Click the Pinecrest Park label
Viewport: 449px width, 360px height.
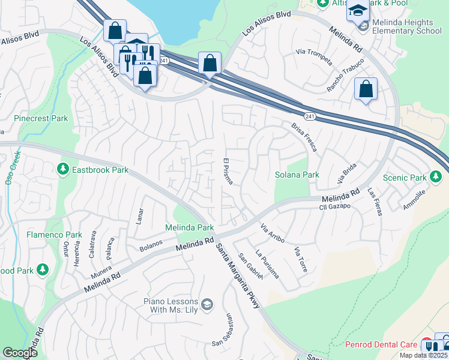[x=41, y=119]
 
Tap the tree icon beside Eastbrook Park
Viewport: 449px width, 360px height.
[x=63, y=170]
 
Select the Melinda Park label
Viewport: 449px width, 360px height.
[x=190, y=228]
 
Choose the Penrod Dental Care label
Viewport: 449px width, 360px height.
[x=381, y=345]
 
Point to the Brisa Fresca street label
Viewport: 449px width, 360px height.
[x=304, y=137]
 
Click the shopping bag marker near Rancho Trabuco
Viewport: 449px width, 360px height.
[x=366, y=90]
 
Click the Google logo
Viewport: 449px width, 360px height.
[x=20, y=353]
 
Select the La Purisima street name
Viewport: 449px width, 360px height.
[x=267, y=264]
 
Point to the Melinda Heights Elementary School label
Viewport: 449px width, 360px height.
[x=406, y=27]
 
